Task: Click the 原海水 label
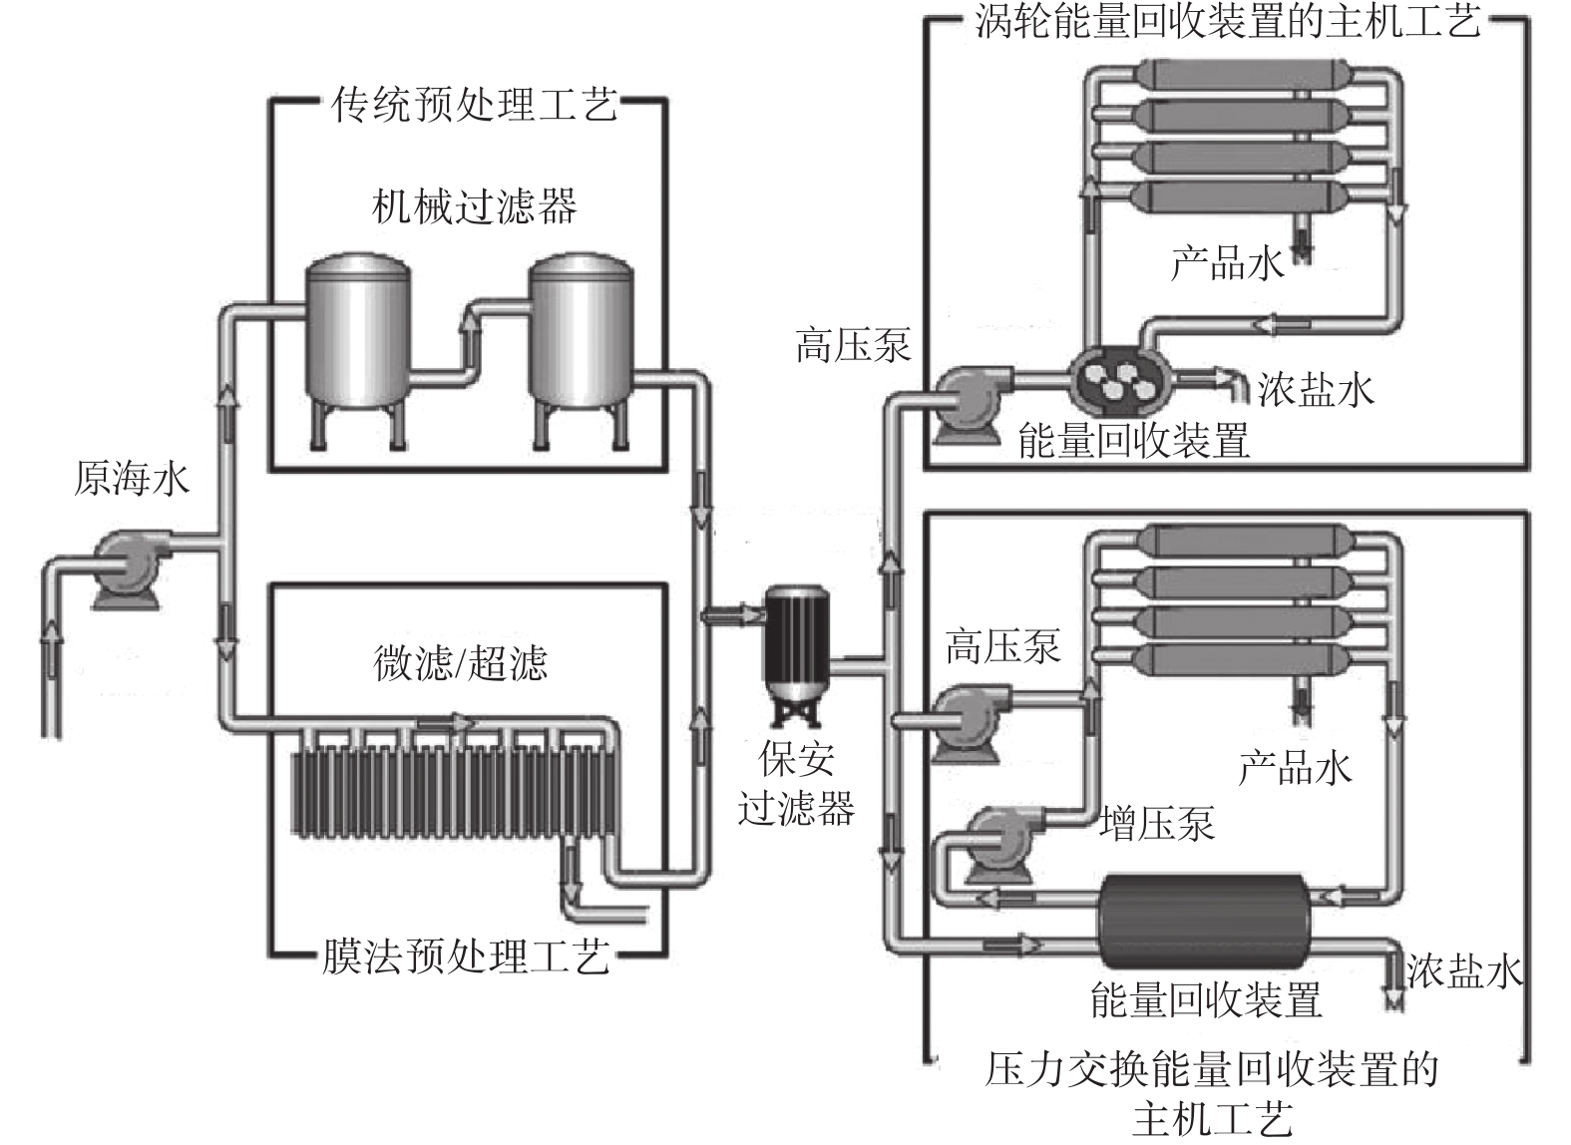(131, 480)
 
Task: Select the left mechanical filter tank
(355, 335)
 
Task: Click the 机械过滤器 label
(474, 206)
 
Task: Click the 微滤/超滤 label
(460, 662)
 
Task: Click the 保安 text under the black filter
(796, 760)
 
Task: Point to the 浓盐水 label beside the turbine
(1316, 389)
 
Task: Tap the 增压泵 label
(1157, 823)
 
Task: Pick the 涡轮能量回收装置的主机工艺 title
(1227, 22)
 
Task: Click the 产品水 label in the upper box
(1227, 263)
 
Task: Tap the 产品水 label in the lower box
(1295, 767)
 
